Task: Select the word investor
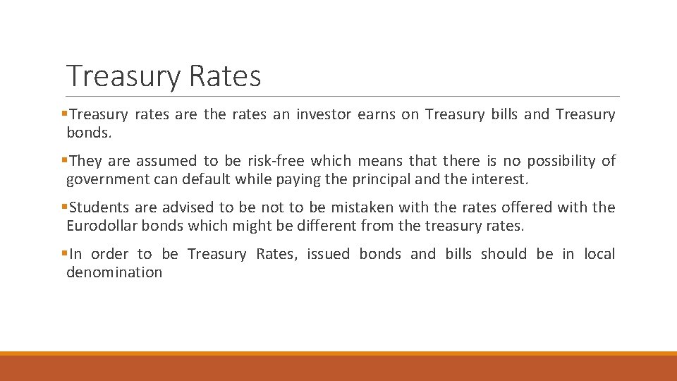click(x=323, y=114)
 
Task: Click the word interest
click(x=499, y=179)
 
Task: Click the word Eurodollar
click(x=103, y=226)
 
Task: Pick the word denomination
click(x=114, y=272)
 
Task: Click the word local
click(x=599, y=254)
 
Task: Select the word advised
click(x=190, y=207)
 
